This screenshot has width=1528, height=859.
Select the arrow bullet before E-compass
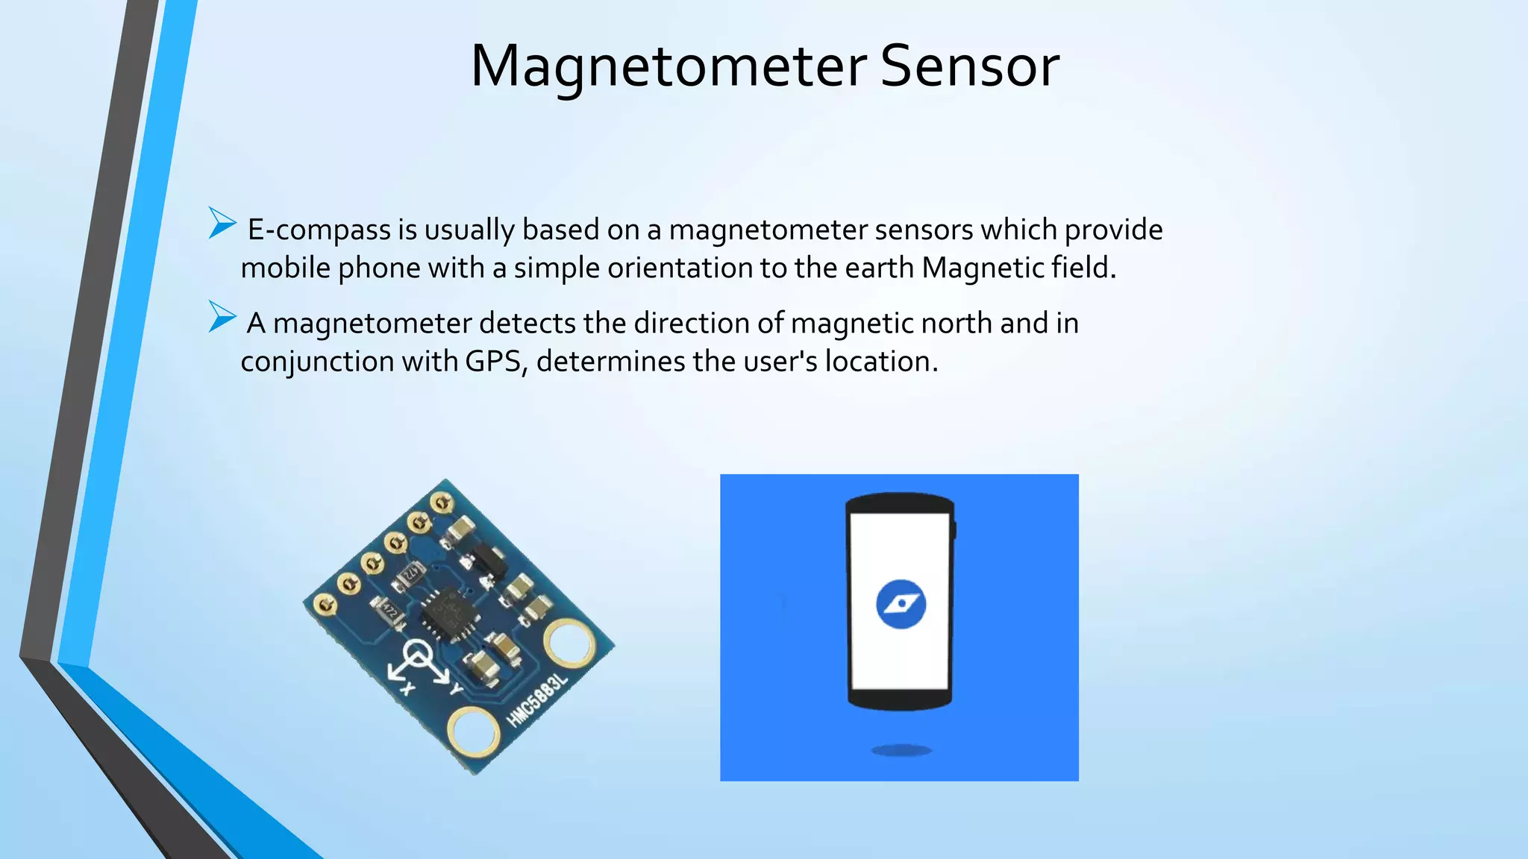(222, 223)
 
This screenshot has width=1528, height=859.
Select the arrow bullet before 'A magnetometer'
(222, 316)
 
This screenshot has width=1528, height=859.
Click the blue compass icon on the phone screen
(901, 604)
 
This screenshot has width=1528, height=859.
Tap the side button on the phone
(954, 529)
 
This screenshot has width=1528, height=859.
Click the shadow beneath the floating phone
(901, 750)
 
